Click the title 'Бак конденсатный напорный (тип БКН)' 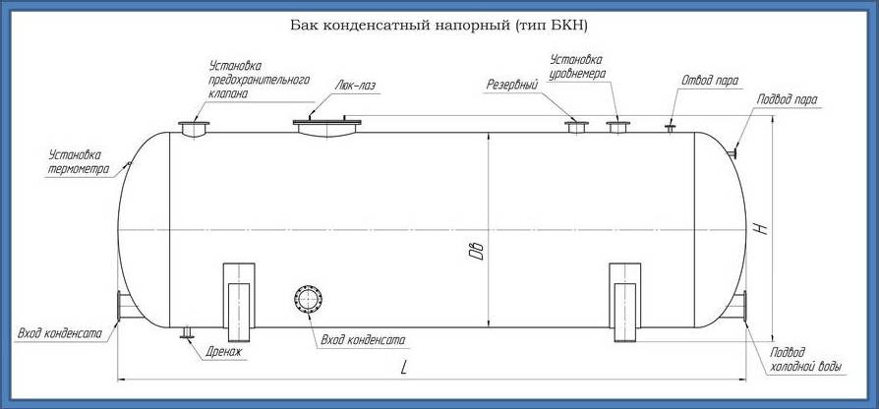click(x=439, y=27)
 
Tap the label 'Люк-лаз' click(x=355, y=86)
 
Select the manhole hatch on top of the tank click(x=326, y=127)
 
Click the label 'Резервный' click(x=512, y=86)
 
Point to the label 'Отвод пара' click(x=710, y=80)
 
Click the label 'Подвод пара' click(x=787, y=99)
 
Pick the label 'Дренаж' click(x=223, y=352)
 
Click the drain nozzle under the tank click(x=187, y=332)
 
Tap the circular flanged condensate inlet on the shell click(x=309, y=299)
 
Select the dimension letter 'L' click(x=404, y=368)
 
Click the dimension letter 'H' click(x=762, y=229)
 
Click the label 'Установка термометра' click(x=78, y=162)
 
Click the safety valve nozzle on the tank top click(x=194, y=129)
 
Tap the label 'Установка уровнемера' click(x=577, y=66)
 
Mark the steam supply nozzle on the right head click(x=732, y=152)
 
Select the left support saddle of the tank click(x=239, y=302)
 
